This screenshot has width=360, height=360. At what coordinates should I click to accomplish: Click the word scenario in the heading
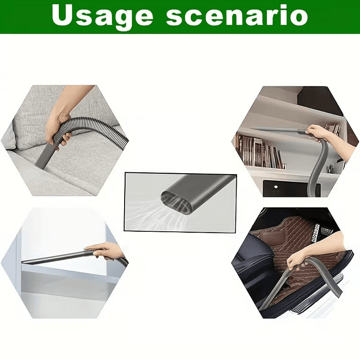pyautogui.click(x=237, y=17)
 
